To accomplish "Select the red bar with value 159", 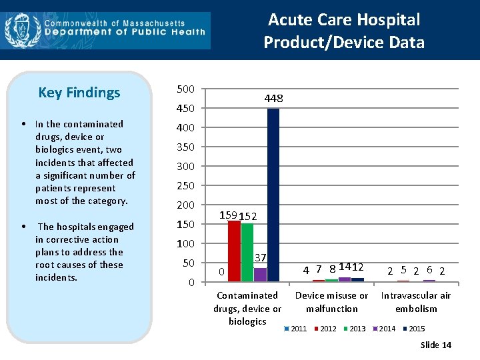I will click(x=234, y=251).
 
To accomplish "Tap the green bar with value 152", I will click(x=247, y=252).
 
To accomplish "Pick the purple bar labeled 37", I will click(x=260, y=275).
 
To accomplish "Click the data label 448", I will click(x=273, y=99).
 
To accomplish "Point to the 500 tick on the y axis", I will click(x=186, y=89).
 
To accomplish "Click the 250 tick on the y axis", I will click(x=186, y=186).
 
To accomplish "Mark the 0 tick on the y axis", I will click(x=191, y=283).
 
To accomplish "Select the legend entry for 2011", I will click(x=298, y=329).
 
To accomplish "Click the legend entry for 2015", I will click(x=415, y=329).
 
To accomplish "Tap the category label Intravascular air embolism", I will click(x=415, y=302).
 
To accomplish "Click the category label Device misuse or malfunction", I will click(x=331, y=302).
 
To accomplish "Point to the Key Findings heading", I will click(x=79, y=93).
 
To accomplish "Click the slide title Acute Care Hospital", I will click(x=344, y=20).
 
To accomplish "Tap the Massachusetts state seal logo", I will click(x=18, y=29).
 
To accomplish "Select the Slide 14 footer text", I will click(x=436, y=345).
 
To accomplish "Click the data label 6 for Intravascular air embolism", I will click(x=429, y=269).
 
